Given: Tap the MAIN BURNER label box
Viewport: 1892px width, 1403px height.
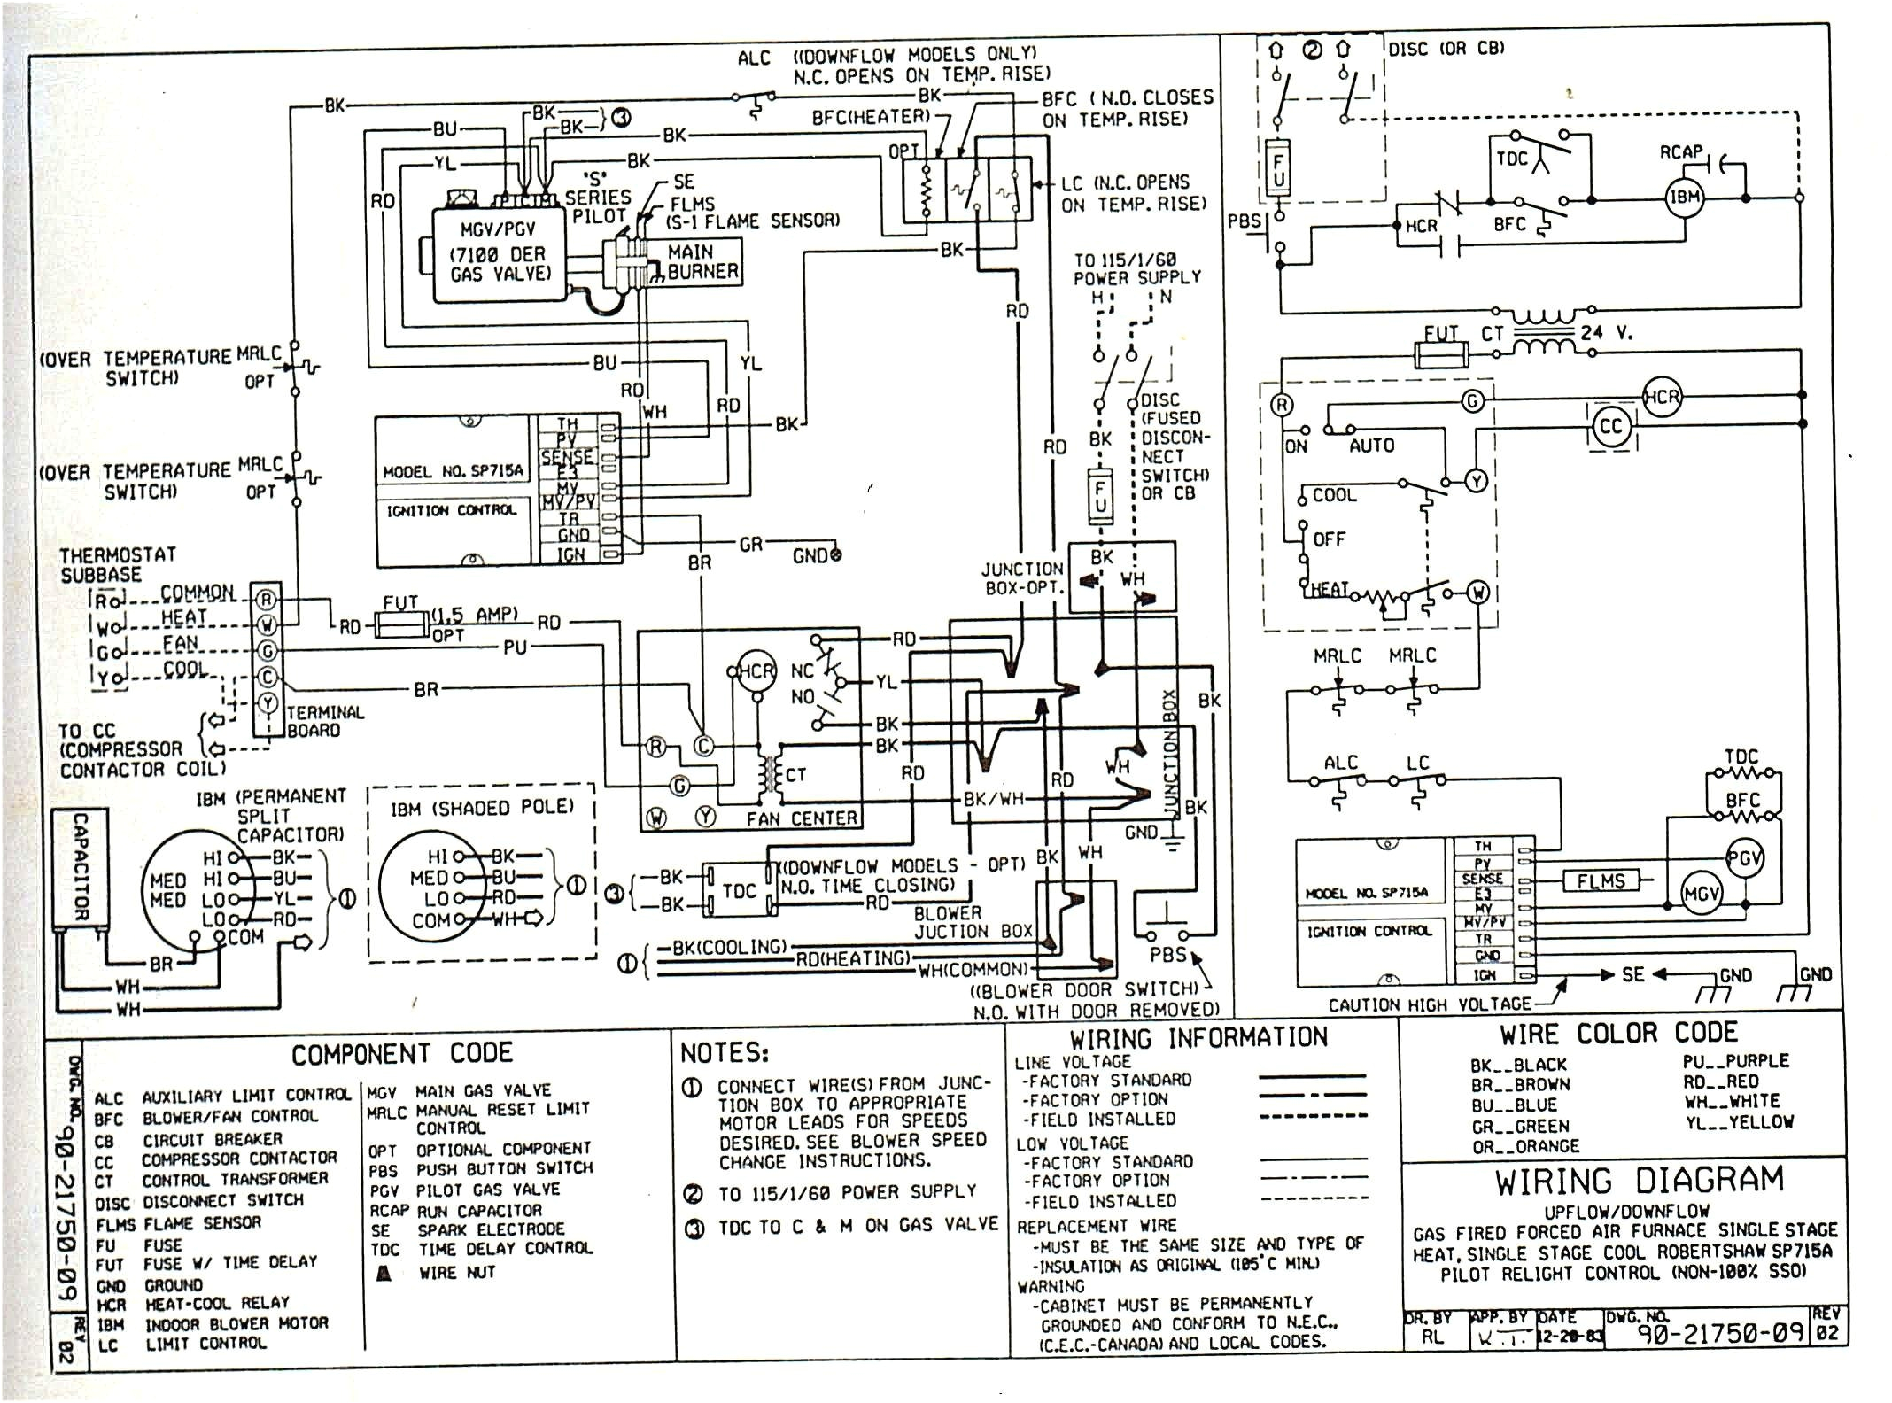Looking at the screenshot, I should (702, 262).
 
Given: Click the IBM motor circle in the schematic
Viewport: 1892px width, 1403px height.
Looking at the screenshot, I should (1684, 198).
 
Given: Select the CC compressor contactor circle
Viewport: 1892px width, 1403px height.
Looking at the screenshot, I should (1610, 427).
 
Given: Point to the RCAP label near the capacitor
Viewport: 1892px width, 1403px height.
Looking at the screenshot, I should (1681, 152).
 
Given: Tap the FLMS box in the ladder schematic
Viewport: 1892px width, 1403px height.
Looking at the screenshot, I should (1601, 880).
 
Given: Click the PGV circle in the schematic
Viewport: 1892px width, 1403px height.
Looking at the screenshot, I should (1744, 858).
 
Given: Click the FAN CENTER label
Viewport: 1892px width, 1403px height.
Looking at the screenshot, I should (802, 819).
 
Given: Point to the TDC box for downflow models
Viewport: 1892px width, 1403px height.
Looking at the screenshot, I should (739, 891).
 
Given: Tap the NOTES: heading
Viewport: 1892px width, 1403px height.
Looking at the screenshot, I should (725, 1052).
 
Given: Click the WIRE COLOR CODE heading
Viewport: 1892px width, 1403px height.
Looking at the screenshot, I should (1618, 1034).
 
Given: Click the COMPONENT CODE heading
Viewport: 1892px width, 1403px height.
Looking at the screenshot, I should (402, 1053).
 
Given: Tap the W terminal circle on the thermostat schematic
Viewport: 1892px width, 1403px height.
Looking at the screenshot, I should (1477, 592).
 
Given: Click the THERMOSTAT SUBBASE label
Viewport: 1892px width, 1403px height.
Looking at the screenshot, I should (117, 564).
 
